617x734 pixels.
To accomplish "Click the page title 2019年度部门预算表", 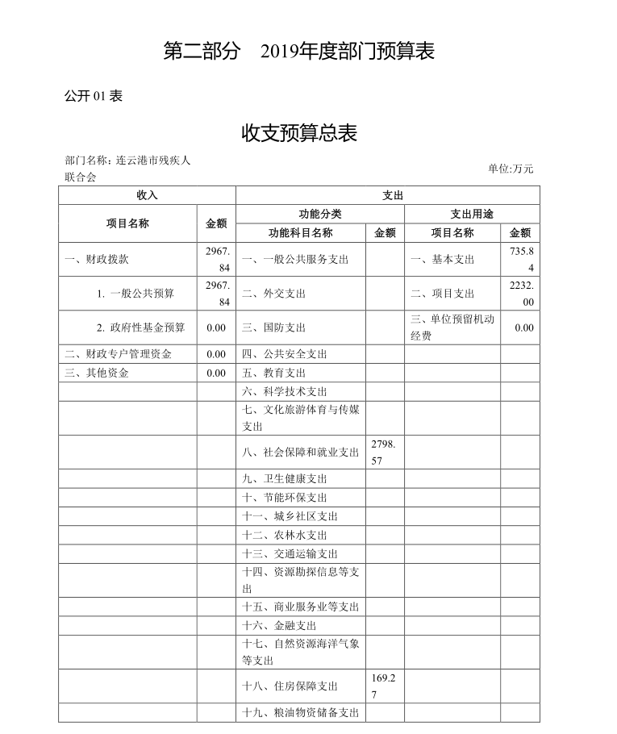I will click(299, 52).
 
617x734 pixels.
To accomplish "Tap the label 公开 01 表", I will click(93, 96).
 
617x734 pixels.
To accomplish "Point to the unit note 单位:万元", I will click(511, 169).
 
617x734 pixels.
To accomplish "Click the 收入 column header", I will click(147, 195).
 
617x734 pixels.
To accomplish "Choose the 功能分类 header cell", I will click(320, 214).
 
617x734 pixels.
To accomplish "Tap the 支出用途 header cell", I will click(472, 214).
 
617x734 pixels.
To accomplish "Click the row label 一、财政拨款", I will click(97, 260).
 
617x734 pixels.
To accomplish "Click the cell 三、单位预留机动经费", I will click(451, 327).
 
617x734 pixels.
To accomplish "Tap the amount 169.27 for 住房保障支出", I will click(384, 686).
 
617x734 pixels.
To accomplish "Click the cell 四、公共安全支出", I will click(285, 354).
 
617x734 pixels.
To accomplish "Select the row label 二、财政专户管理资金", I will click(118, 354).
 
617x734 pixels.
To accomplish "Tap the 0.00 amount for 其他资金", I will click(216, 373).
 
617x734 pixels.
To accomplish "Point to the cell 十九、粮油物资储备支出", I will click(300, 713).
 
